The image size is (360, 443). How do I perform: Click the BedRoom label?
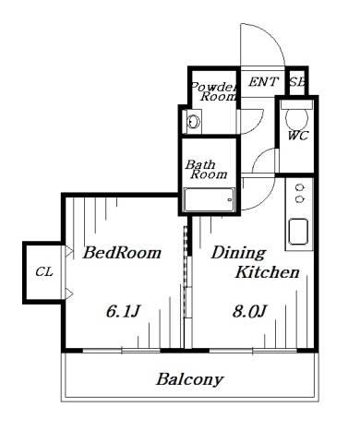[x=122, y=253]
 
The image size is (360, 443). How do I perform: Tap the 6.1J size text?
[x=124, y=311]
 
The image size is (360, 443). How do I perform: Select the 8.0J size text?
[x=249, y=311]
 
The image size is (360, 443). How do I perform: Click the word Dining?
[x=238, y=254]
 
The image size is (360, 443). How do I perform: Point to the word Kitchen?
[x=267, y=272]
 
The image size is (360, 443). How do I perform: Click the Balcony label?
[x=190, y=380]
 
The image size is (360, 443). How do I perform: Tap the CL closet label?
[x=44, y=272]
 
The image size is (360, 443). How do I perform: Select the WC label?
[x=298, y=136]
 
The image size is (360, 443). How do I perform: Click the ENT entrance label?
[x=263, y=82]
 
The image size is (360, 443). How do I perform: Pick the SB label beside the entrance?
[x=297, y=82]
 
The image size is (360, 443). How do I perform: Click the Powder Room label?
[x=214, y=91]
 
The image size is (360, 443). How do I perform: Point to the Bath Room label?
[x=206, y=169]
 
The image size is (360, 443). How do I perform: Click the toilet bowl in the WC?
[x=296, y=119]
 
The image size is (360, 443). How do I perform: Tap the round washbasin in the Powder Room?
[x=194, y=122]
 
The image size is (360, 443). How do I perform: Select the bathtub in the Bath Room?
[x=210, y=199]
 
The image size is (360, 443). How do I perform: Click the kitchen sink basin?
[x=298, y=232]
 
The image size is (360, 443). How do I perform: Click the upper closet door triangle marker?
[x=69, y=251]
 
